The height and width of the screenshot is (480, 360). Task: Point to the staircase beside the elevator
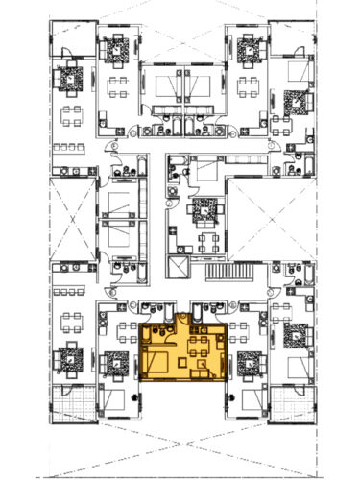click(250, 273)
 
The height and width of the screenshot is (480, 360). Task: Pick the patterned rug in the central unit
click(203, 209)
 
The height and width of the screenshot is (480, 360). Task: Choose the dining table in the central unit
click(205, 237)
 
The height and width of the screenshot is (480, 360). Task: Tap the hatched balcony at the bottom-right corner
click(288, 398)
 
